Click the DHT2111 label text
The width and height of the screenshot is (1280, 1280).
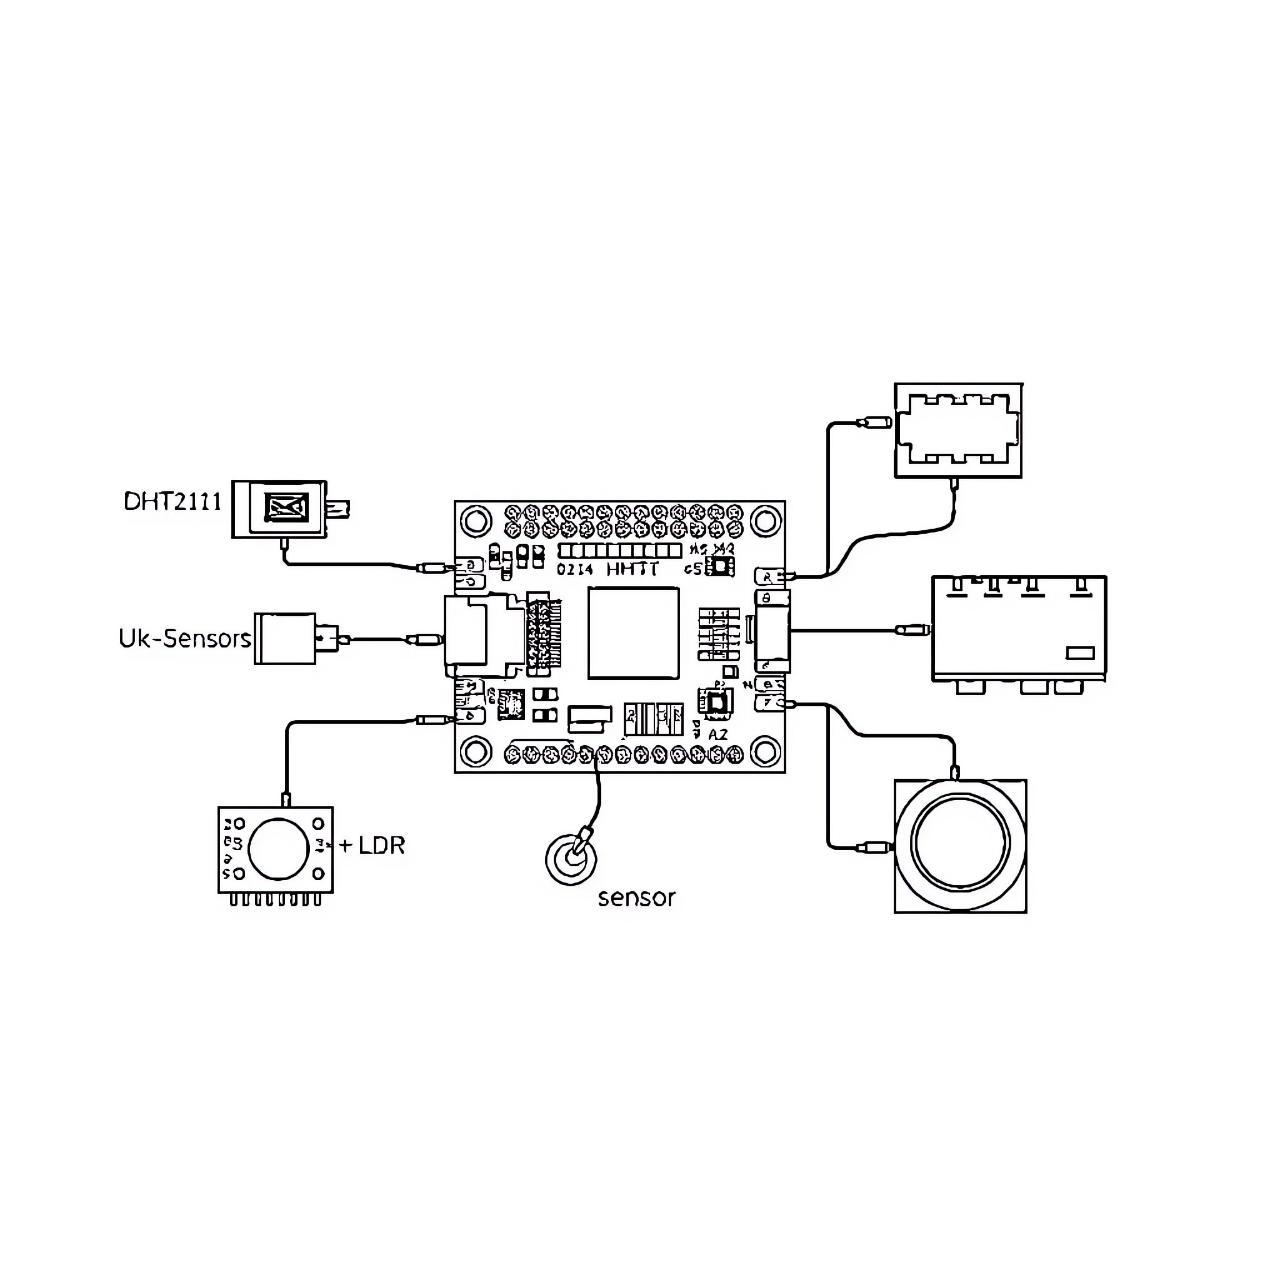pyautogui.click(x=172, y=501)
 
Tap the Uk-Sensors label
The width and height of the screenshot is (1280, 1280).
pyautogui.click(x=185, y=639)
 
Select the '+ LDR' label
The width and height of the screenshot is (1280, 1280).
pyautogui.click(x=372, y=846)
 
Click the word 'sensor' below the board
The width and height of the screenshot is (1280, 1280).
pyautogui.click(x=636, y=898)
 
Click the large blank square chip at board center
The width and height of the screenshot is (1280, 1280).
pyautogui.click(x=633, y=632)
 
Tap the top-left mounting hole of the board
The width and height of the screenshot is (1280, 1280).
pyautogui.click(x=475, y=521)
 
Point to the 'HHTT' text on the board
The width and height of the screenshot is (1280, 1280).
pyautogui.click(x=632, y=569)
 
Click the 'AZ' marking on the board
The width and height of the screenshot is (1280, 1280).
pyautogui.click(x=717, y=735)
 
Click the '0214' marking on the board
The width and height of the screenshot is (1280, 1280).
pyautogui.click(x=574, y=570)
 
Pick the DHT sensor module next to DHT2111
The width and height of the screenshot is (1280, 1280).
pyautogui.click(x=279, y=509)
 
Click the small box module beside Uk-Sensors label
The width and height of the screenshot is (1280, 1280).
pyautogui.click(x=286, y=639)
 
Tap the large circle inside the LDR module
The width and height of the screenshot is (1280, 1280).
pyautogui.click(x=278, y=849)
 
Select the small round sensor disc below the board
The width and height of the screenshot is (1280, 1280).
pyautogui.click(x=571, y=859)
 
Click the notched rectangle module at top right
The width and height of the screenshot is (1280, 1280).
pyautogui.click(x=958, y=430)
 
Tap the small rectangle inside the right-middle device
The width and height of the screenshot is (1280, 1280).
pyautogui.click(x=1079, y=653)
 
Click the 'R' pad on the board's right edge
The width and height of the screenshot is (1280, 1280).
pyautogui.click(x=768, y=577)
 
